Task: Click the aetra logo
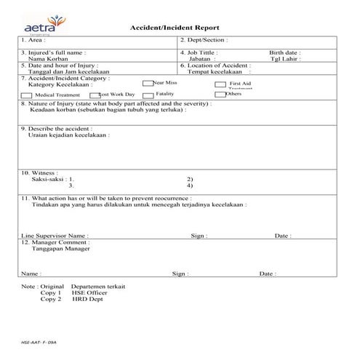click(x=44, y=23)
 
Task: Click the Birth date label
click(x=284, y=53)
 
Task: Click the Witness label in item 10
click(x=40, y=173)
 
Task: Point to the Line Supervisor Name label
click(x=55, y=236)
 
